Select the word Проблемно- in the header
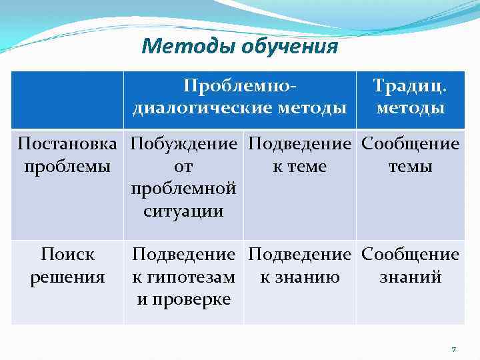(240, 86)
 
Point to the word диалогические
(207, 107)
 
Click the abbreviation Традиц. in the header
(411, 86)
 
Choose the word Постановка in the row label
(67, 144)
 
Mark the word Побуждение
(184, 144)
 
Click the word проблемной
(184, 189)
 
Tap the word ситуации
(184, 211)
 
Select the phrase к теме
(299, 167)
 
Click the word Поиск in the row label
(67, 255)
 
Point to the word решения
(67, 277)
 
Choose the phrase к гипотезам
(184, 277)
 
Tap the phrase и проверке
(184, 299)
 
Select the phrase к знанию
(299, 277)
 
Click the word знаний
(411, 277)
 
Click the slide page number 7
(454, 349)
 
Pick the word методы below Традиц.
(411, 107)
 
